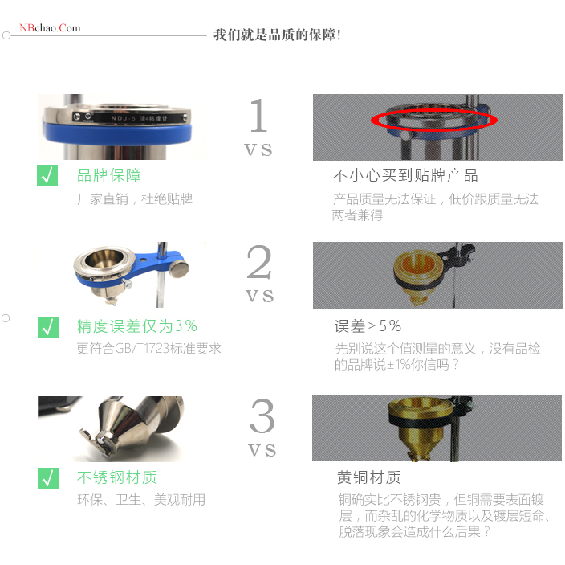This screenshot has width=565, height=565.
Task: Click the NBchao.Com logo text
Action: click(50, 28)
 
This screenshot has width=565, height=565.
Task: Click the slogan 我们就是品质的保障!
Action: click(277, 35)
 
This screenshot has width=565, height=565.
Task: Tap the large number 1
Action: click(258, 117)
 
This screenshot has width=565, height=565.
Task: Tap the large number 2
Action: click(259, 263)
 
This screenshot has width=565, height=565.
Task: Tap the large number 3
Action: click(262, 416)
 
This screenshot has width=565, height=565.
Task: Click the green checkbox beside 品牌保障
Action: click(48, 175)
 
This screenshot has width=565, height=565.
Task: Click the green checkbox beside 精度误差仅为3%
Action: click(48, 326)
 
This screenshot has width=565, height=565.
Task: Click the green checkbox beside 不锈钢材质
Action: click(48, 477)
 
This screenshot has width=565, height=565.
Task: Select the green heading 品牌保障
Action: click(108, 175)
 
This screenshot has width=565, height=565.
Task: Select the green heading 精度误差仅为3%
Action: click(136, 326)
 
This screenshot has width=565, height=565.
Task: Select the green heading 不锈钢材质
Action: click(116, 477)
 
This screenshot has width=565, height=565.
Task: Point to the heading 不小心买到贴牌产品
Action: click(405, 175)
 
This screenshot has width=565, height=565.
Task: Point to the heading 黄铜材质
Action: click(369, 477)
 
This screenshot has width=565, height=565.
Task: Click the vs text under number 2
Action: click(259, 296)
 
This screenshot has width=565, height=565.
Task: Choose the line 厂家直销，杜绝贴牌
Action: click(135, 199)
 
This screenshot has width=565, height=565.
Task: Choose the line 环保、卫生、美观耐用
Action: click(141, 500)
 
